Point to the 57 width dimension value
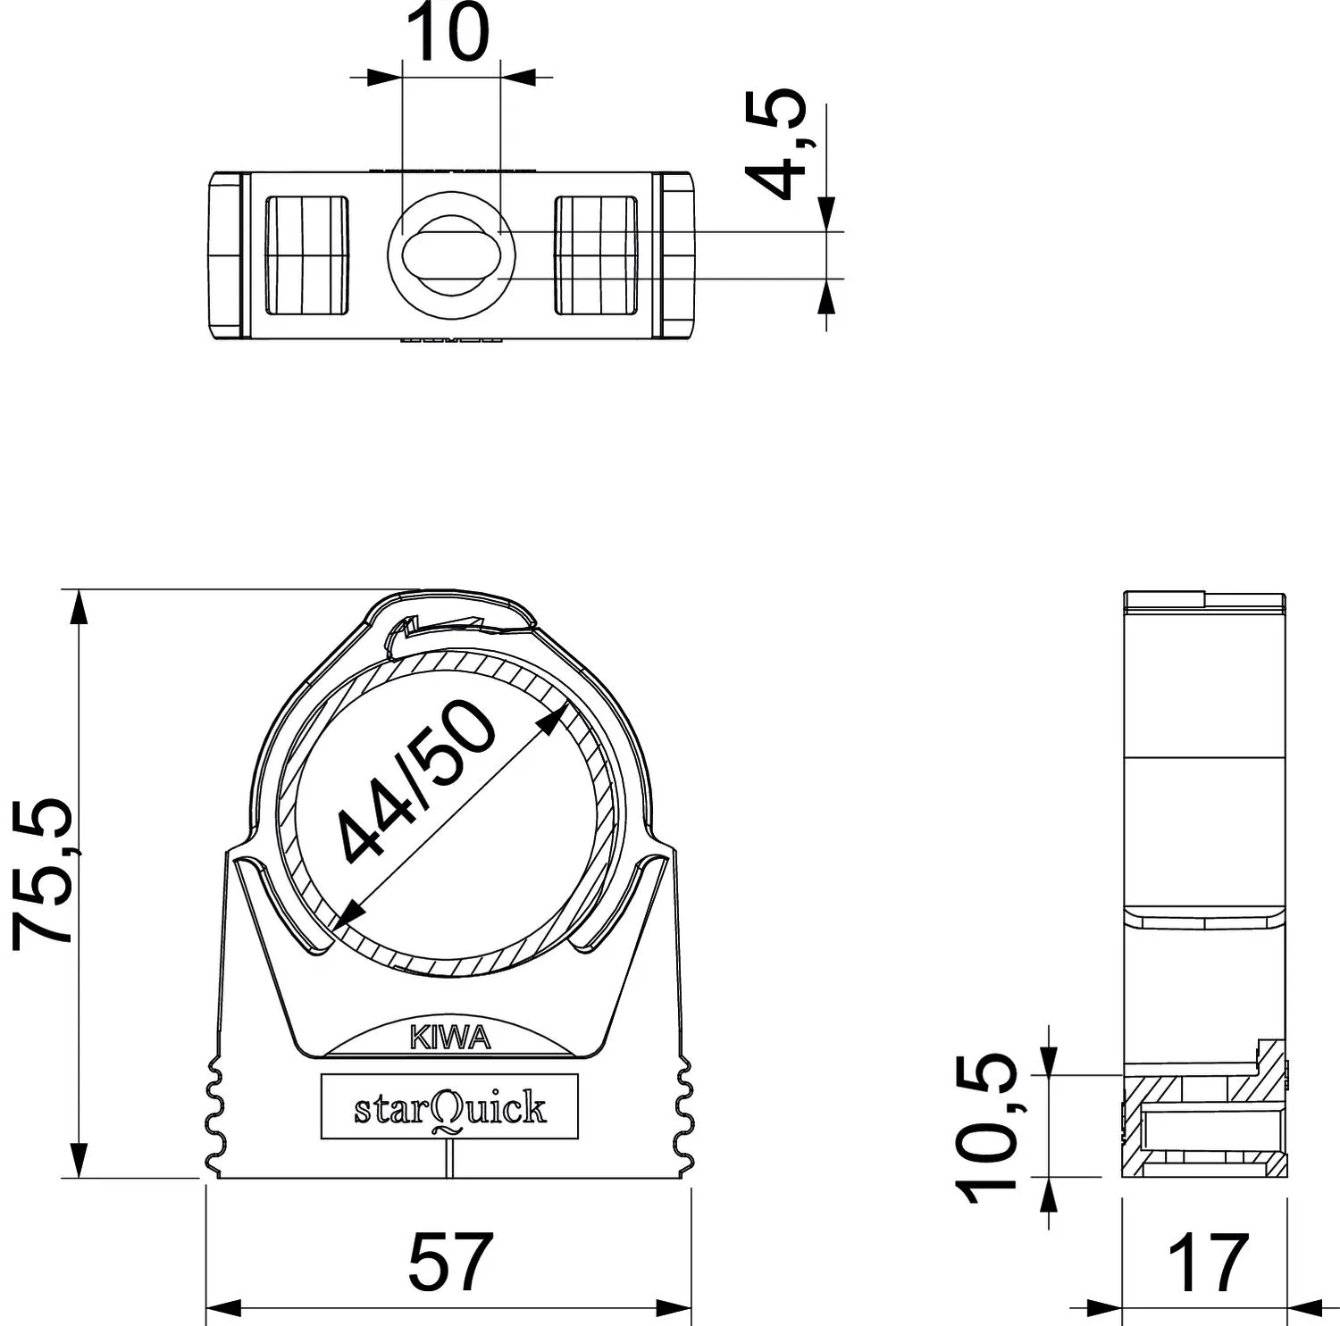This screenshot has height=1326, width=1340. [450, 1261]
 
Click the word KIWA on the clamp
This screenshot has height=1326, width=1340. [450, 1037]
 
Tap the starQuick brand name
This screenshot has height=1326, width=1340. [450, 1108]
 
